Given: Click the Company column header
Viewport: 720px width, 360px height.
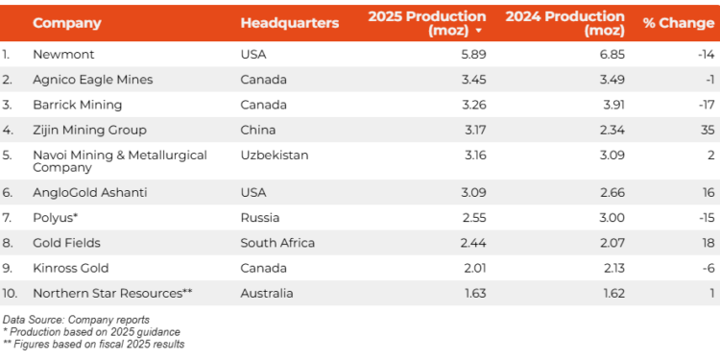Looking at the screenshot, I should (x=66, y=23).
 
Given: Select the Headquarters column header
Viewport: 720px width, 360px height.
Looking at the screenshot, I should (x=289, y=23).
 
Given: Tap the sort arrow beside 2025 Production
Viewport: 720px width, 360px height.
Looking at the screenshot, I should (x=478, y=31).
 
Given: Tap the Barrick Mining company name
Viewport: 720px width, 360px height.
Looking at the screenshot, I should (x=77, y=105).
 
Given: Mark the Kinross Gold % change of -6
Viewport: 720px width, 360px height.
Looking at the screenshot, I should (x=707, y=268).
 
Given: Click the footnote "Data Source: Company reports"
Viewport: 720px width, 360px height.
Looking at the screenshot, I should (x=76, y=319).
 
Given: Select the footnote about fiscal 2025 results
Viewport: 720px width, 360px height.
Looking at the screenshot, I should (x=93, y=344).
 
